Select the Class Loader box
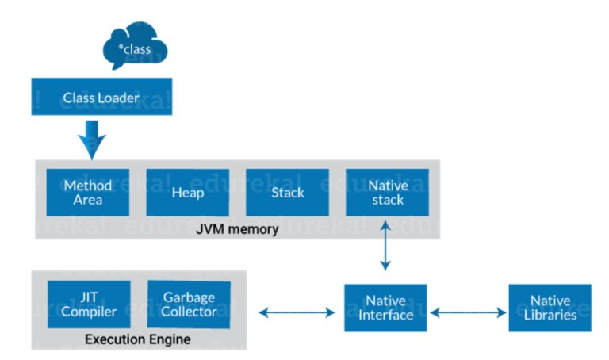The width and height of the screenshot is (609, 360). [101, 98]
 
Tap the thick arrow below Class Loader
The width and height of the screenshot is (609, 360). [91, 138]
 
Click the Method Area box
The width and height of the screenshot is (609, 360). [87, 193]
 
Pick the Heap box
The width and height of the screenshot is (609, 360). [187, 193]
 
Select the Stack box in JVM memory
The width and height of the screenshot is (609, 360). [287, 193]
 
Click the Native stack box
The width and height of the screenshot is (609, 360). [387, 193]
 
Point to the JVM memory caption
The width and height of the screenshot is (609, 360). [239, 229]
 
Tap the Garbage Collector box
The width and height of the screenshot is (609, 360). [190, 304]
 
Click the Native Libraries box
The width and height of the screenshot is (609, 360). [550, 308]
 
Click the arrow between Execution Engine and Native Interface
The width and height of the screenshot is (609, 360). [296, 312]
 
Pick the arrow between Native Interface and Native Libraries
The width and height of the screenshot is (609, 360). [467, 312]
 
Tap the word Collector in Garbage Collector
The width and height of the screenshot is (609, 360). [190, 312]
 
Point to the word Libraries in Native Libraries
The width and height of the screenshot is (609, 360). [550, 316]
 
